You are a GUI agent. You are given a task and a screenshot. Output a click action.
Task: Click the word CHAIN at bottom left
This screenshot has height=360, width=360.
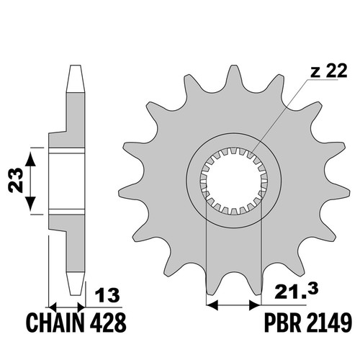click(x=55, y=323)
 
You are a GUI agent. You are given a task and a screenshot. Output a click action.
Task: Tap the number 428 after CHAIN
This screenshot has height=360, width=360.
click(x=108, y=323)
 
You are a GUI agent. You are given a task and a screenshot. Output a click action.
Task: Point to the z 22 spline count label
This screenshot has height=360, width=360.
click(x=329, y=71)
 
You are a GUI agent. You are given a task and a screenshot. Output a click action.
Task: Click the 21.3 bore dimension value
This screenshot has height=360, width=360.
click(x=297, y=291)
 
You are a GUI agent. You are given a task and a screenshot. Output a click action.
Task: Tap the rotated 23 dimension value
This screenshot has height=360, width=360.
click(x=16, y=181)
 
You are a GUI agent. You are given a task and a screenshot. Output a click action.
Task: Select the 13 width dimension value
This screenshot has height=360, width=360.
click(x=107, y=295)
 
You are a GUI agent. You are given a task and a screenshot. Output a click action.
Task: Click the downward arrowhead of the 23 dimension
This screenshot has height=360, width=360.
click(x=30, y=204)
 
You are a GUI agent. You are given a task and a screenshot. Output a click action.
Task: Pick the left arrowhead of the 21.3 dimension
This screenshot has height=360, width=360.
click(x=212, y=305)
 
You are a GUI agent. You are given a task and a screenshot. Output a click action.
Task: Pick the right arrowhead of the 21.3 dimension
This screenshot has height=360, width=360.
click(x=255, y=305)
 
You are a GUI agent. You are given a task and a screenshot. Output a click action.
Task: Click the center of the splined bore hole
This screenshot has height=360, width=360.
click(x=234, y=181)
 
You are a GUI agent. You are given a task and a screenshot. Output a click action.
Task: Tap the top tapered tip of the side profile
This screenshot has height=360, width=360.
click(x=76, y=78)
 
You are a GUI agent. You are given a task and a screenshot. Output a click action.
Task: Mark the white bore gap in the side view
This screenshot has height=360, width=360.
click(x=67, y=181)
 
